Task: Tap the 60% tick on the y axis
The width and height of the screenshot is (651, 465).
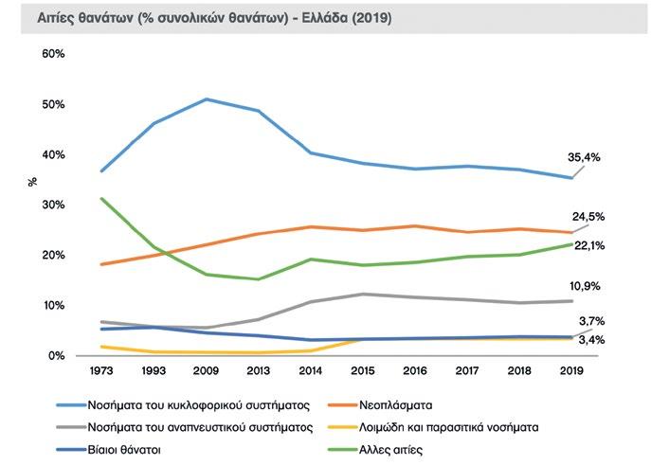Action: click(53, 54)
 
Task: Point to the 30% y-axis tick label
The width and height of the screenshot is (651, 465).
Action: click(53, 205)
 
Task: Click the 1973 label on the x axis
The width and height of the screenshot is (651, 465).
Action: click(100, 372)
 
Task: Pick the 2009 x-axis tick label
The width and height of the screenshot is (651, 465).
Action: click(207, 372)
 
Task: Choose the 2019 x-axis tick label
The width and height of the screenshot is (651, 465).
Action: click(571, 372)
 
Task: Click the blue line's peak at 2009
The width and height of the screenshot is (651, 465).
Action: click(207, 98)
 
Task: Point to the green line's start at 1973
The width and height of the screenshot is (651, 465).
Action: click(100, 198)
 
